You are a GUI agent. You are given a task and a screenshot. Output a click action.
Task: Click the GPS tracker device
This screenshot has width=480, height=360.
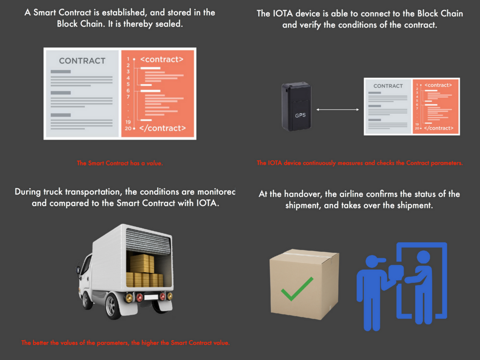click(x=296, y=107)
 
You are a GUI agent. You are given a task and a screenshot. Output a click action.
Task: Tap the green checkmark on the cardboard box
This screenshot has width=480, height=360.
click(x=297, y=288)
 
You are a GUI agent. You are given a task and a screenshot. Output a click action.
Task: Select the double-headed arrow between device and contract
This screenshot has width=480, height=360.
click(x=337, y=110)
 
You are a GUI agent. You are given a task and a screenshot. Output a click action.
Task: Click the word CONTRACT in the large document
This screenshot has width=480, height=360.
click(x=82, y=61)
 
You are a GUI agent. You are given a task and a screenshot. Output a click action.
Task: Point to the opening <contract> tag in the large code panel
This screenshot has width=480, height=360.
click(x=162, y=60)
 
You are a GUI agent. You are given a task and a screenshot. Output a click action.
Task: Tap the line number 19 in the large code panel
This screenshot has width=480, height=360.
click(x=127, y=121)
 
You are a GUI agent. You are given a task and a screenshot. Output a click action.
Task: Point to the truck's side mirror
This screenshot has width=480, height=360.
click(x=79, y=270)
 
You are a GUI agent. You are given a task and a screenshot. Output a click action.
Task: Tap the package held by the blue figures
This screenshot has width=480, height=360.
click(x=397, y=272)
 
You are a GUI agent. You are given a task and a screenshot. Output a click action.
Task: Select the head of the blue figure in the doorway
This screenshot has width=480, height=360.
click(x=423, y=257)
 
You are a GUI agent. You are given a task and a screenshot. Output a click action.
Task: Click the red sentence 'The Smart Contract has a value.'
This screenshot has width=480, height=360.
click(x=120, y=163)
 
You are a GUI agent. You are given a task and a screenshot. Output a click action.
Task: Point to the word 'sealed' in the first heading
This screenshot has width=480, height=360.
click(x=169, y=23)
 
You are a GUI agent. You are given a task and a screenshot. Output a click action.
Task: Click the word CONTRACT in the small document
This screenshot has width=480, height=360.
click(x=388, y=86)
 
